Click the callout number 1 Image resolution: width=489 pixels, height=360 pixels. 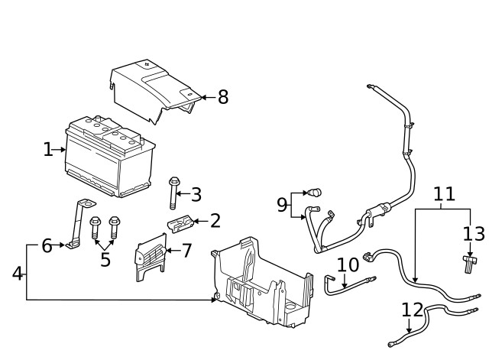(48, 149)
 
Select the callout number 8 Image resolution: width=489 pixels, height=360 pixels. (222, 97)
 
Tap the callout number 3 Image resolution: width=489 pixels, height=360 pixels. (196, 194)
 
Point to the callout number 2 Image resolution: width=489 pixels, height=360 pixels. (215, 222)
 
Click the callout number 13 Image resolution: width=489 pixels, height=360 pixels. (474, 233)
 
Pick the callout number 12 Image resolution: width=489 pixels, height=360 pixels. (412, 310)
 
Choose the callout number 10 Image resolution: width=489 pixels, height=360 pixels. (348, 265)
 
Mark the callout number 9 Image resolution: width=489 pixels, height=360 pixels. (282, 204)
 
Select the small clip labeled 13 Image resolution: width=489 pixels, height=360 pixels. (468, 263)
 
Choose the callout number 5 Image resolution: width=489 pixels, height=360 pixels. (105, 259)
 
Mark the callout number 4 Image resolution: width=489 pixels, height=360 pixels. (17, 272)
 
